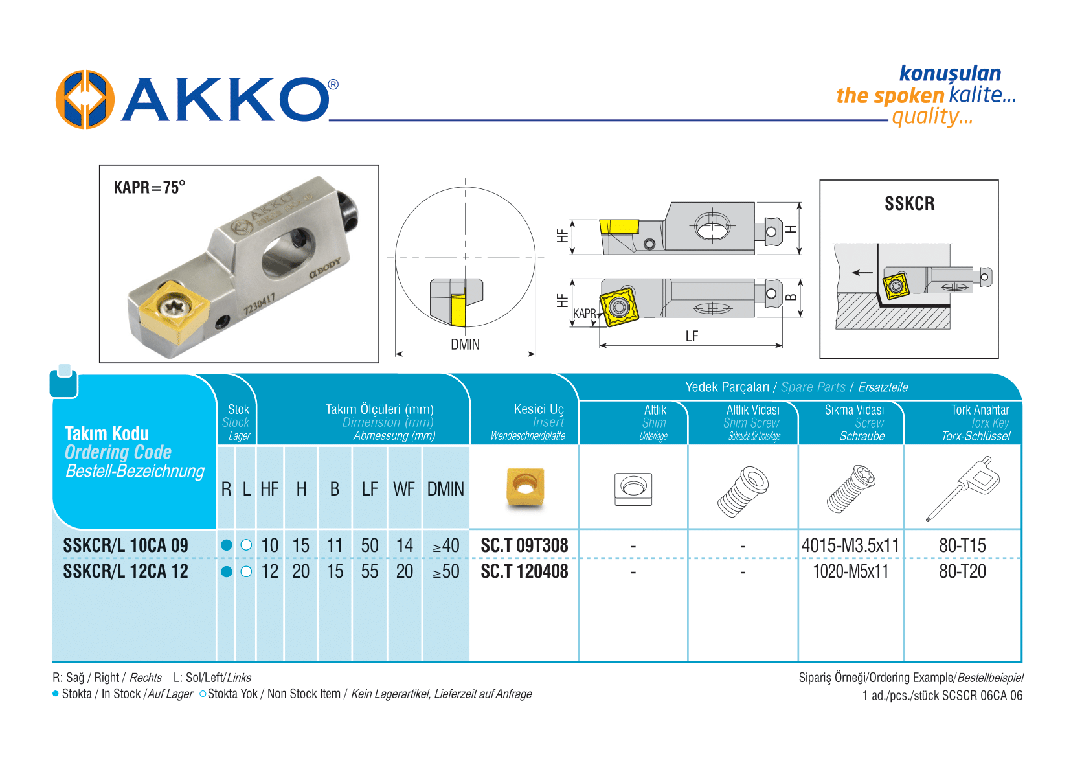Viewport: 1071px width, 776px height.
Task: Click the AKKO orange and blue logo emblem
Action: [85, 100]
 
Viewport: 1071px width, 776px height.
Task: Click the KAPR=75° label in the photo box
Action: [149, 188]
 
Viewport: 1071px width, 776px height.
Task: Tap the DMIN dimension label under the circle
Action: [465, 345]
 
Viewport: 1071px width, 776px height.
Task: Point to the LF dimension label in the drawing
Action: [692, 336]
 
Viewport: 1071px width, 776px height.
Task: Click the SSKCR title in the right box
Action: [909, 203]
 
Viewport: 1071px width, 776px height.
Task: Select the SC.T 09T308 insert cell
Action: [524, 545]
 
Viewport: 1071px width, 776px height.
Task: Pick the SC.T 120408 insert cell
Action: [524, 571]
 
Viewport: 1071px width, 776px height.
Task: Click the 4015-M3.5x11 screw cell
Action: [850, 545]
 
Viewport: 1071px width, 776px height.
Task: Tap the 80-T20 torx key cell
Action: [962, 571]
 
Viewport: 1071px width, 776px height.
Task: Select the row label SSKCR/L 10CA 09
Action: [126, 545]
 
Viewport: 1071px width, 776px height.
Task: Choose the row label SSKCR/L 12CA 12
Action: [126, 571]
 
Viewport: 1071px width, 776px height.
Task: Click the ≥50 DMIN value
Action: [445, 571]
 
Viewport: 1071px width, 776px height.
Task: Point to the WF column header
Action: [404, 489]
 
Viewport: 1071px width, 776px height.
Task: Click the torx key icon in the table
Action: [963, 487]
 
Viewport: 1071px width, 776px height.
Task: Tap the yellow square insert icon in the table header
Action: [525, 487]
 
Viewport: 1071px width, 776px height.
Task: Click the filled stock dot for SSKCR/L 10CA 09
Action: [226, 545]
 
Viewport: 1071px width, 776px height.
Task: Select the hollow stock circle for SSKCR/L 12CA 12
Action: [246, 571]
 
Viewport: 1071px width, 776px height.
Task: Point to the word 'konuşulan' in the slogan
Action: [950, 73]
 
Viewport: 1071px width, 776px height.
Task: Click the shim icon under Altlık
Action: [633, 488]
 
